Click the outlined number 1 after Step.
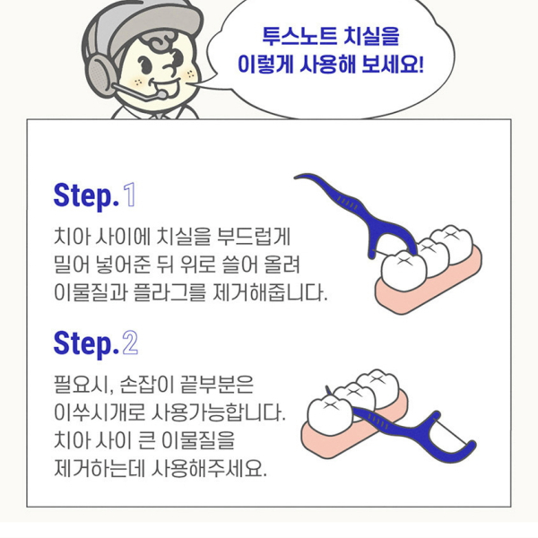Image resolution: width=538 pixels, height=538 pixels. click(130, 195)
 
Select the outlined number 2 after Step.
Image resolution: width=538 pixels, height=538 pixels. click(130, 343)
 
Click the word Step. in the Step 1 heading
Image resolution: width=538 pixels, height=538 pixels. click(86, 196)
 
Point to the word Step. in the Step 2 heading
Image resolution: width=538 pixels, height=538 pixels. click(86, 344)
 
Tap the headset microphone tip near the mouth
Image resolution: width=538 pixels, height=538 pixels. click(161, 94)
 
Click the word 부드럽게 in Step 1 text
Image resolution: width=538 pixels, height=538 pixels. click(254, 237)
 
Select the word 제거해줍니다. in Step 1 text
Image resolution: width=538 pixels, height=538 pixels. click(270, 292)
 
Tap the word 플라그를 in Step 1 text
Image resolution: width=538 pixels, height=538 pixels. click(169, 292)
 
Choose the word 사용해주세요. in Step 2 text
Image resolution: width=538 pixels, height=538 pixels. click(209, 468)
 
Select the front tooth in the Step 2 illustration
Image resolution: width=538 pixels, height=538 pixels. click(330, 415)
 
